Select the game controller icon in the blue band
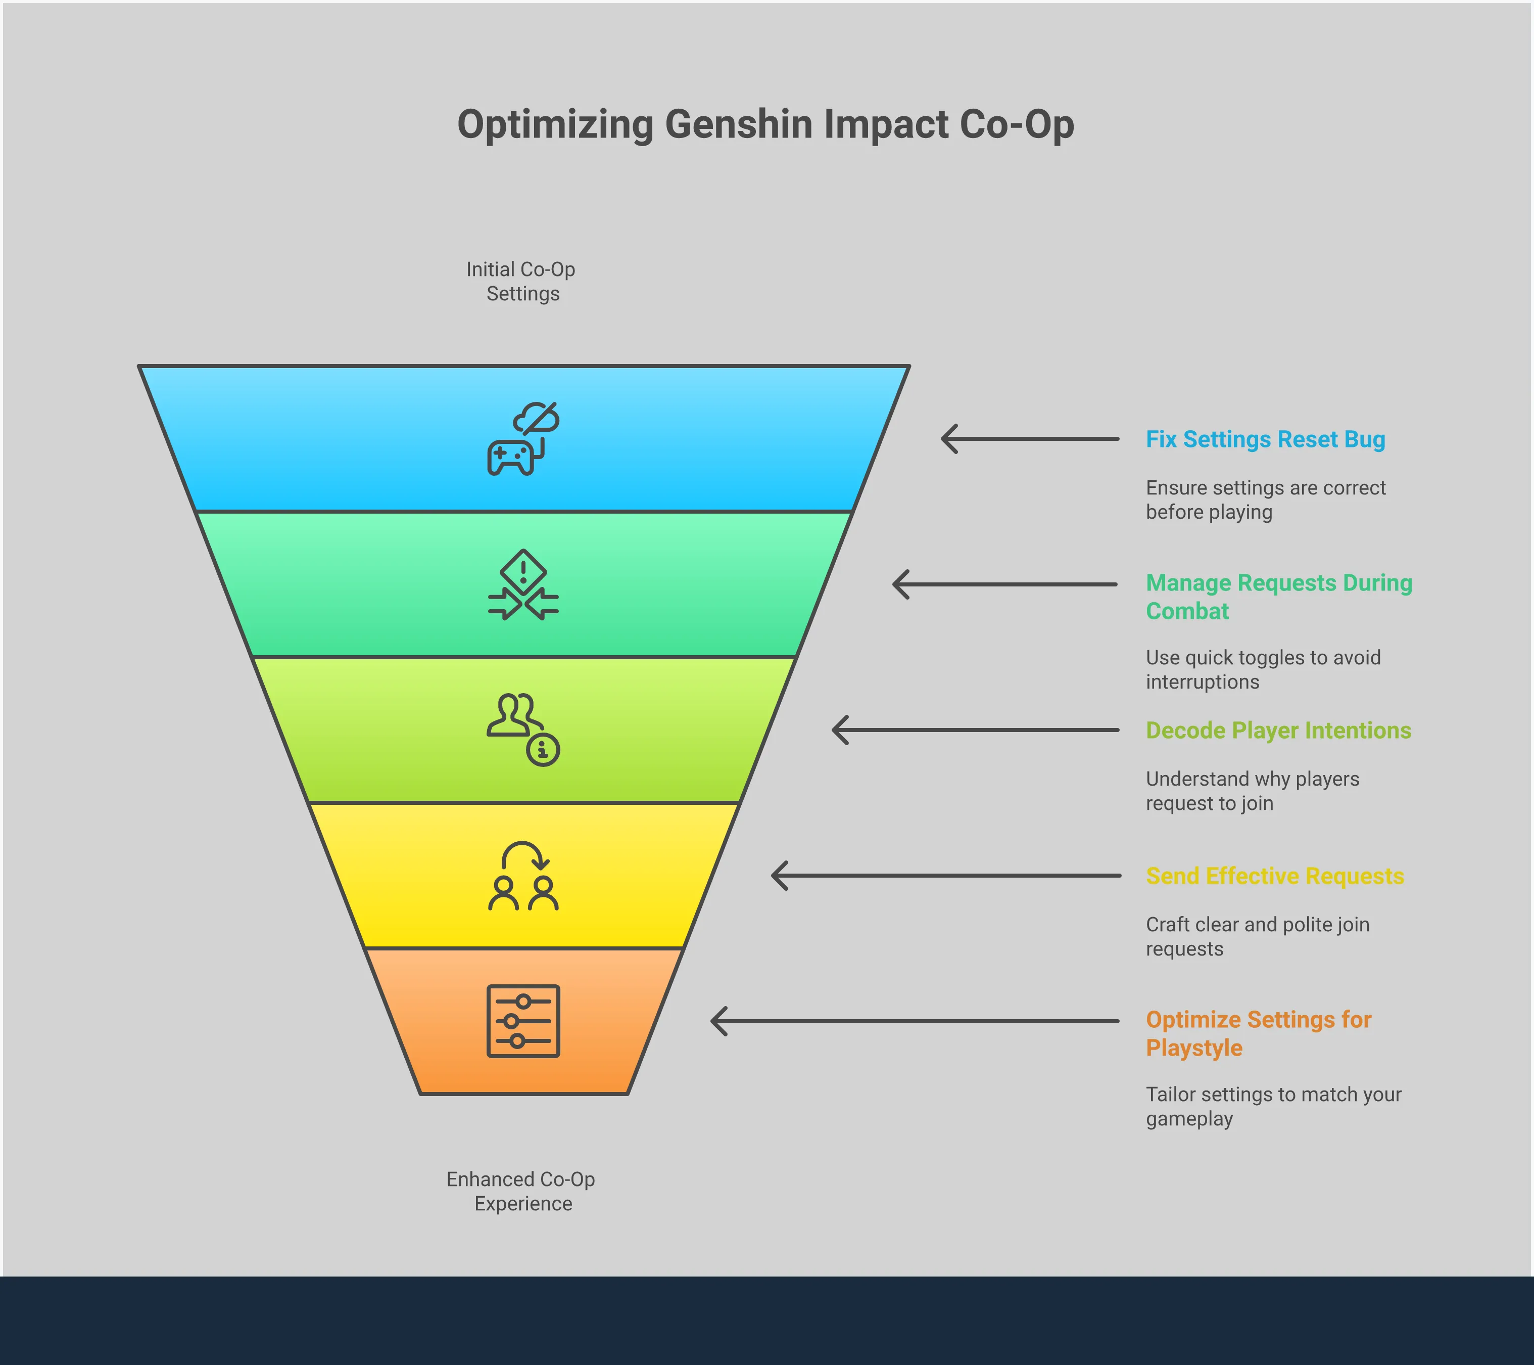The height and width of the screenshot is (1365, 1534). [x=523, y=439]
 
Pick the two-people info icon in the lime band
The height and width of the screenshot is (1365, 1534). [x=523, y=729]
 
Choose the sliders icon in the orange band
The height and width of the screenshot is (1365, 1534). [x=523, y=1021]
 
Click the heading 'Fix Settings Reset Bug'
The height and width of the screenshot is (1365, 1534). [x=1265, y=439]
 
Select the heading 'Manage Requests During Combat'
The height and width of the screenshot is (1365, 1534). [x=1279, y=597]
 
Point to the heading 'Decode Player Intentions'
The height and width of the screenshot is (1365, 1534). [x=1278, y=731]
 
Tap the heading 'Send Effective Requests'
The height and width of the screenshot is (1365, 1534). [x=1274, y=876]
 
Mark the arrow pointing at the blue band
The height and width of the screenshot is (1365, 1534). [x=1030, y=439]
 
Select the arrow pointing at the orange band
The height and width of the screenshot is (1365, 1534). [x=914, y=1021]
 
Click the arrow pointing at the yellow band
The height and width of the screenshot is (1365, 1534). [x=946, y=876]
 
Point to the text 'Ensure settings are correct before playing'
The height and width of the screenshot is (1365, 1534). [x=1265, y=500]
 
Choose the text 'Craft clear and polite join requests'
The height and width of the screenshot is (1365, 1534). [x=1257, y=937]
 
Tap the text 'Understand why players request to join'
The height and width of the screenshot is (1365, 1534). [x=1252, y=791]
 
